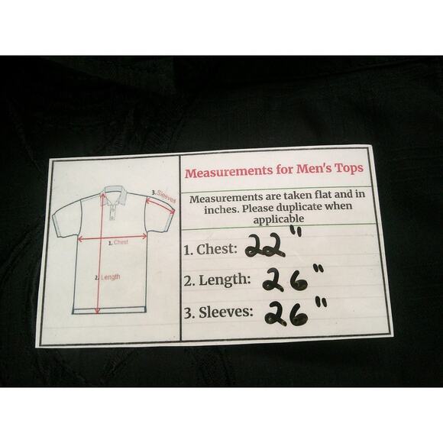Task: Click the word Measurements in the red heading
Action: tap(229, 172)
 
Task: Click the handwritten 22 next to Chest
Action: tap(265, 247)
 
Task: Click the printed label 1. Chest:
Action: tap(211, 250)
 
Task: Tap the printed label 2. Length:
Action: tap(217, 280)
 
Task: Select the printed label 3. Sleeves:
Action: tap(218, 312)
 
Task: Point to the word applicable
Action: tap(279, 219)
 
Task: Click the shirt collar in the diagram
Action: tap(115, 195)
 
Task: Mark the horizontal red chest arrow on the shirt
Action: tap(112, 238)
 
